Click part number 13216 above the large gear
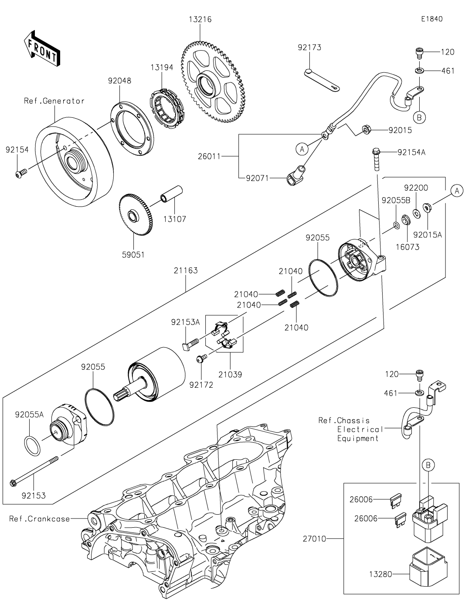200,20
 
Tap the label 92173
309,48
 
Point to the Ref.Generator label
54,101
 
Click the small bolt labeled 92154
20,174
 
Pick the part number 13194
162,68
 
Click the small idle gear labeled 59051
135,214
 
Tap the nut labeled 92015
366,130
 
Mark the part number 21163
186,271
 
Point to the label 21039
230,374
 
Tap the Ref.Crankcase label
40,519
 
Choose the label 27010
315,539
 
